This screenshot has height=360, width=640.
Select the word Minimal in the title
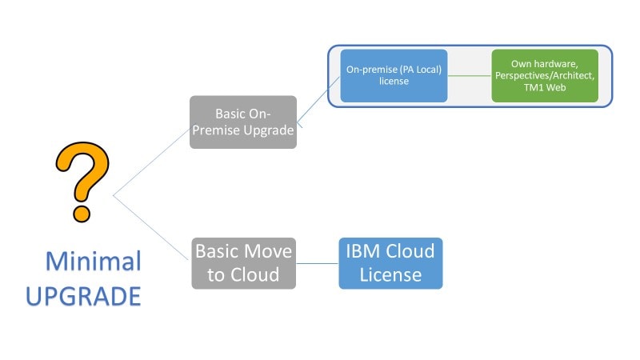point(93,262)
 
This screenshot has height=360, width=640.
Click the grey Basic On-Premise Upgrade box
point(243,122)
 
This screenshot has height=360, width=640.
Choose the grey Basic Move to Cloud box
point(243,262)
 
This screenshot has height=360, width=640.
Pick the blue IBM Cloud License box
point(390,262)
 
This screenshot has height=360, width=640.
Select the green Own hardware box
point(544,75)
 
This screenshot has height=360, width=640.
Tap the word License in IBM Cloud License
point(390,274)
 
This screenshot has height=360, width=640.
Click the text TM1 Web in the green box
point(545,89)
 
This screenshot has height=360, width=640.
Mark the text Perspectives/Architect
point(545,76)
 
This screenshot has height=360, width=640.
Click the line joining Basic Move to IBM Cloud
point(318,262)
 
